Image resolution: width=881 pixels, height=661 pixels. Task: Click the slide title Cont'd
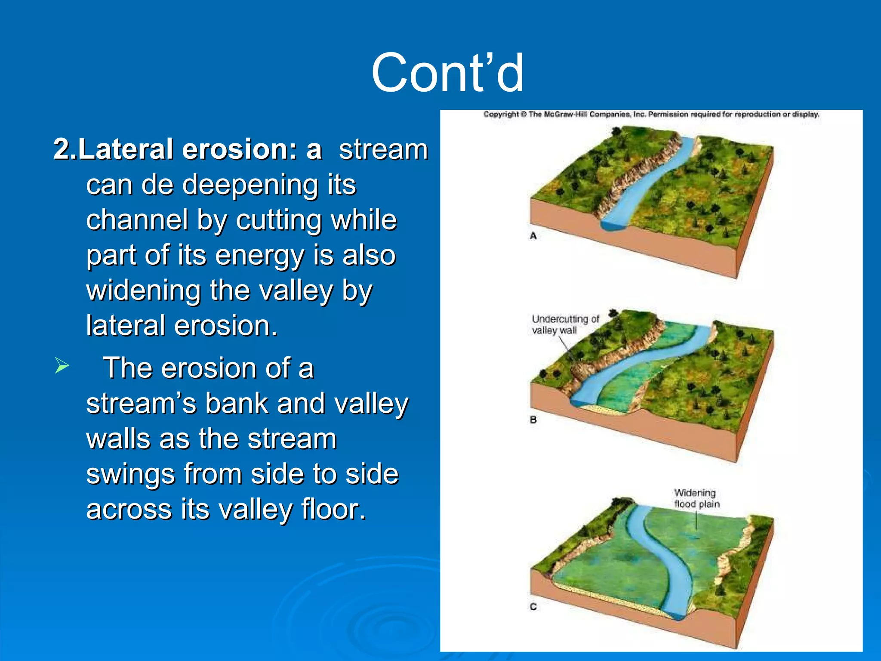[447, 73]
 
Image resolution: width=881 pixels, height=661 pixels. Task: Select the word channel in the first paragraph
[137, 220]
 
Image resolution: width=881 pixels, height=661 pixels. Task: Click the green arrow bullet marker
[62, 366]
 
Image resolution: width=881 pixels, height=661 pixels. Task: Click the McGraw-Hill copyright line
[651, 114]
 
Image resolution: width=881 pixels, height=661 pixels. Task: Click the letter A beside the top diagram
[533, 236]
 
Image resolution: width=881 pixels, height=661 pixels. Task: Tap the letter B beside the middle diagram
[533, 420]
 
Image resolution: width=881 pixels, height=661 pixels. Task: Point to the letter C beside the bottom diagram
[533, 607]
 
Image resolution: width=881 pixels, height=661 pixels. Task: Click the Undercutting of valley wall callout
[565, 324]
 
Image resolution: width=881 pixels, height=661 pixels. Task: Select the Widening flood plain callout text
[696, 498]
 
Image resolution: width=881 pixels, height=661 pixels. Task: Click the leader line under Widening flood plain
[696, 521]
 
